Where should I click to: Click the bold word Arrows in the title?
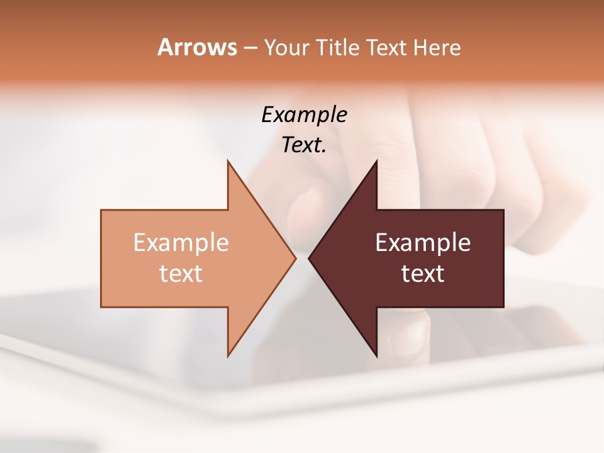pos(196,47)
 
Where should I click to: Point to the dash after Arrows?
pos(250,48)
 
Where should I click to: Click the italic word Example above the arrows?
pos(304,115)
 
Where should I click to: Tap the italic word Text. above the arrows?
pos(304,145)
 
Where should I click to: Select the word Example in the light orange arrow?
pos(181,243)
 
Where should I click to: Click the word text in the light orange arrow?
pos(181,274)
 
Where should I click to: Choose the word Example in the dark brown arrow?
pos(423,243)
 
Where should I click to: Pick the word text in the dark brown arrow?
pos(423,274)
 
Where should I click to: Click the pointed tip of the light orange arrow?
pos(296,258)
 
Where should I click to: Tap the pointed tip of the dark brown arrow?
pos(309,258)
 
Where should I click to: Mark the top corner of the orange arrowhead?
pos(228,161)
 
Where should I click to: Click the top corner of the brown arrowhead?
pos(377,161)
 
